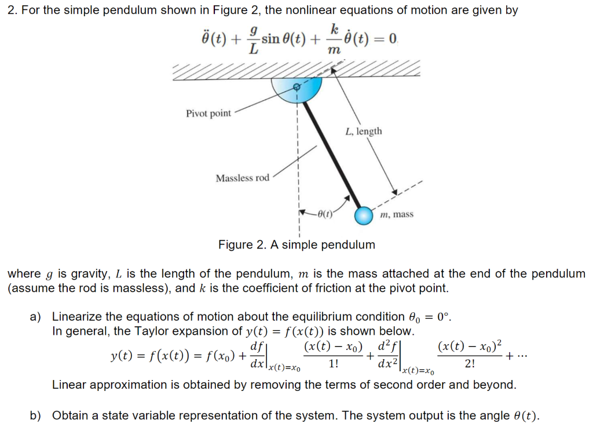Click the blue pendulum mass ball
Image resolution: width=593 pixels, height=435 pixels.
[x=364, y=215]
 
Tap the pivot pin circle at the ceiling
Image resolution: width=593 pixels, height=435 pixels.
[x=296, y=87]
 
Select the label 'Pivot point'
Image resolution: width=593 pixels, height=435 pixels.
[x=208, y=114]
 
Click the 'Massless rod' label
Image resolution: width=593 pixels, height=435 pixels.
[x=242, y=178]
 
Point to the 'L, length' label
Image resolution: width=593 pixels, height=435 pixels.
[x=363, y=131]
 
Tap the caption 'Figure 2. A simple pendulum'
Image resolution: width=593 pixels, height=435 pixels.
[x=296, y=244]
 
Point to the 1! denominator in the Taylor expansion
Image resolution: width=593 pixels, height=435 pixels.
[x=333, y=364]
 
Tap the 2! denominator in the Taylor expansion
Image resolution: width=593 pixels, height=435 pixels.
[x=470, y=364]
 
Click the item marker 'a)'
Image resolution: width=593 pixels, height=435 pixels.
[x=36, y=317]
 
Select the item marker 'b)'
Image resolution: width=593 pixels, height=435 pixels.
[x=36, y=415]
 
